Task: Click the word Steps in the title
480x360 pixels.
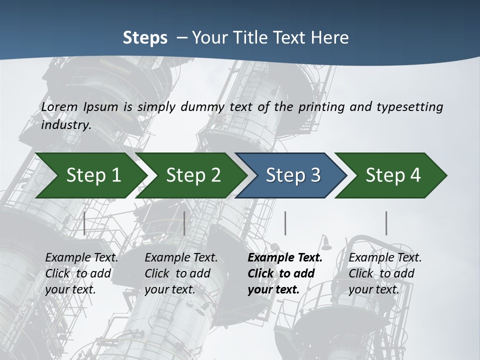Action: pyautogui.click(x=145, y=37)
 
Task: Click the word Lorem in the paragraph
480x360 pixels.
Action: pyautogui.click(x=59, y=106)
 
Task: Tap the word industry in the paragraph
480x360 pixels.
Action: pyautogui.click(x=65, y=124)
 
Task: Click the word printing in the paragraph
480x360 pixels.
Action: pyautogui.click(x=322, y=106)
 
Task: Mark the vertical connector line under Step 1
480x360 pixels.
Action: pyautogui.click(x=84, y=223)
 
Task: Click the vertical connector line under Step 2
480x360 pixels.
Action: pyautogui.click(x=184, y=223)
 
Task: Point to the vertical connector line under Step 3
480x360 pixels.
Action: pyautogui.click(x=285, y=223)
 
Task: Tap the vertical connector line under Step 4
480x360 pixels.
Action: pyautogui.click(x=386, y=223)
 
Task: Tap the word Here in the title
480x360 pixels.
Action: pyautogui.click(x=329, y=37)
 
